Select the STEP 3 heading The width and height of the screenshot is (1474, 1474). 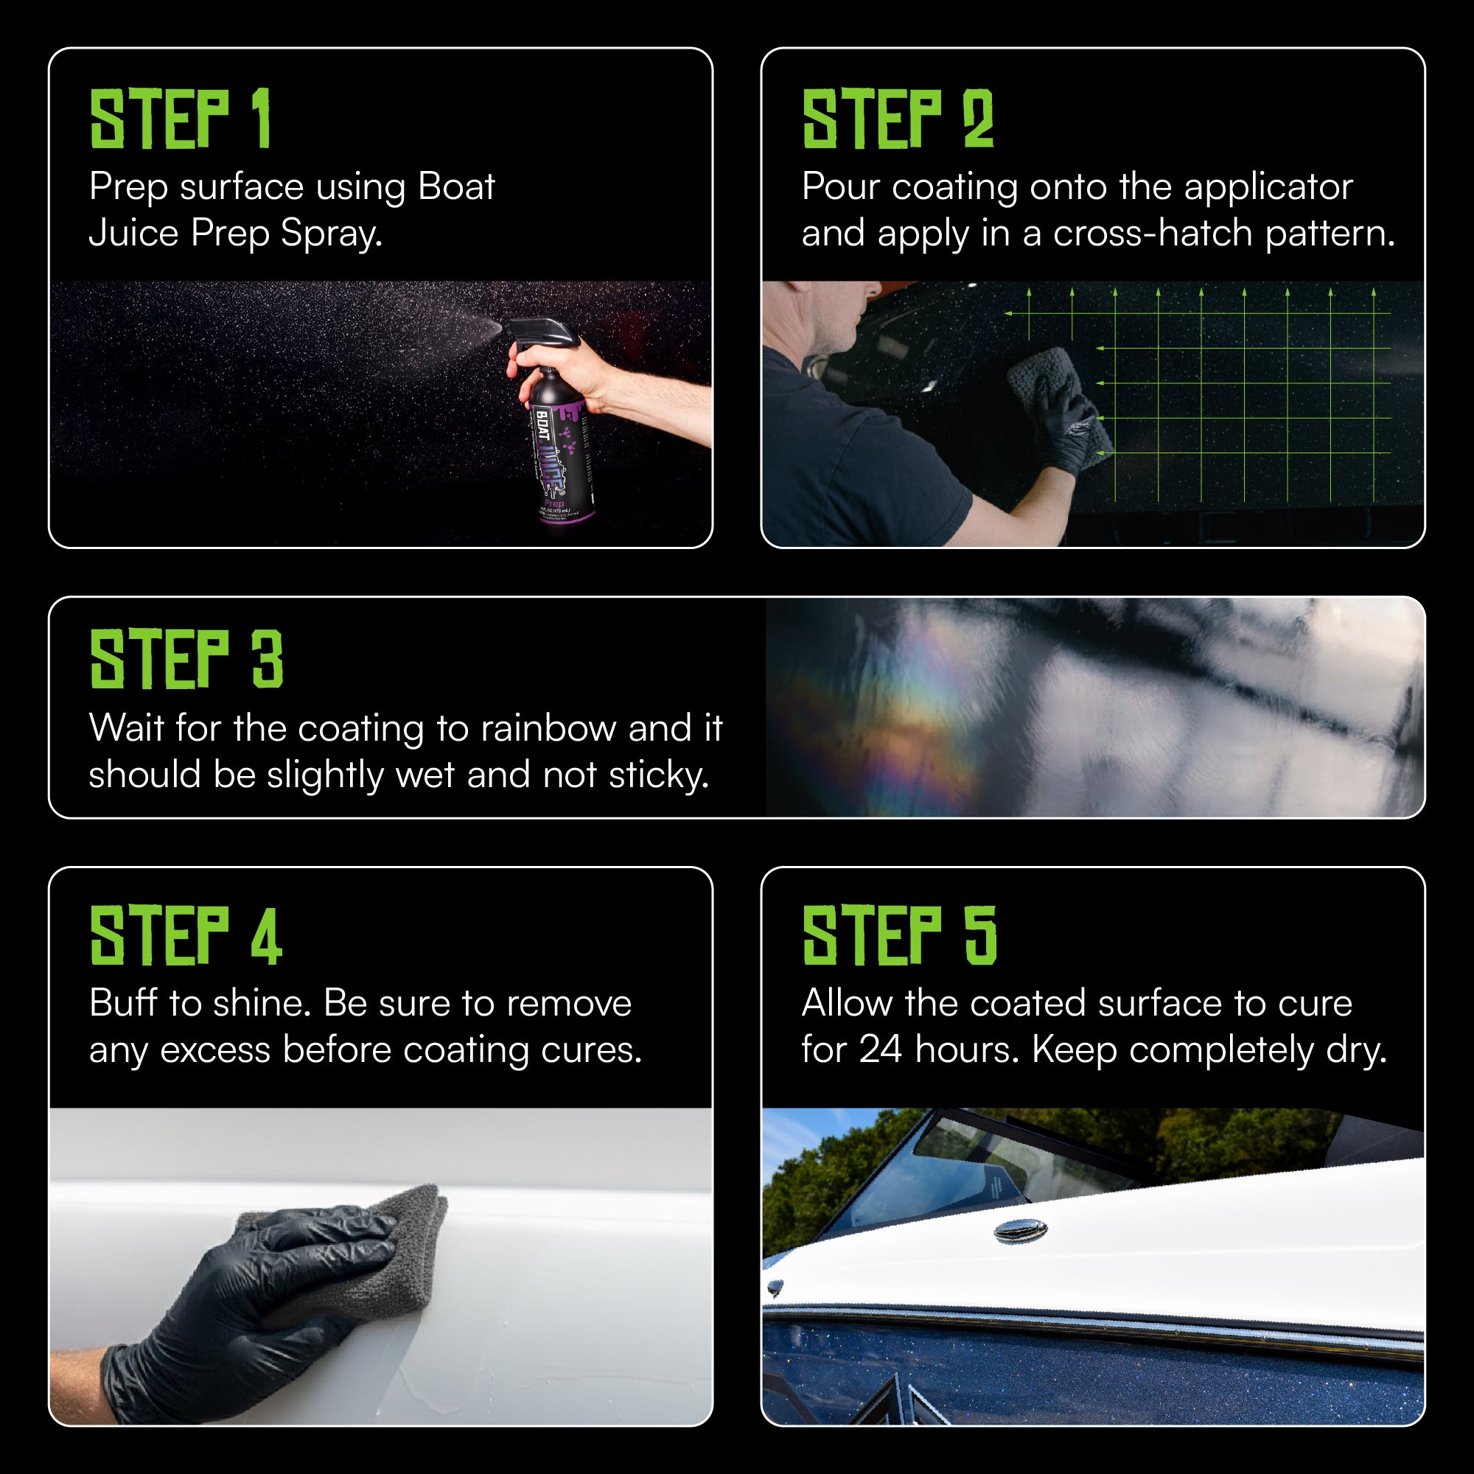pyautogui.click(x=186, y=659)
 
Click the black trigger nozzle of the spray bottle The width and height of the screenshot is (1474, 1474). pyautogui.click(x=534, y=333)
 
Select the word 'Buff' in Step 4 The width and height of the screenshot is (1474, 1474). pyautogui.click(x=123, y=1003)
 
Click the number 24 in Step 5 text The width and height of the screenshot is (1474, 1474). pyautogui.click(x=881, y=1049)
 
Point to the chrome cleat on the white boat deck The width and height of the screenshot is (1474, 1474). pyautogui.click(x=1021, y=1230)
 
